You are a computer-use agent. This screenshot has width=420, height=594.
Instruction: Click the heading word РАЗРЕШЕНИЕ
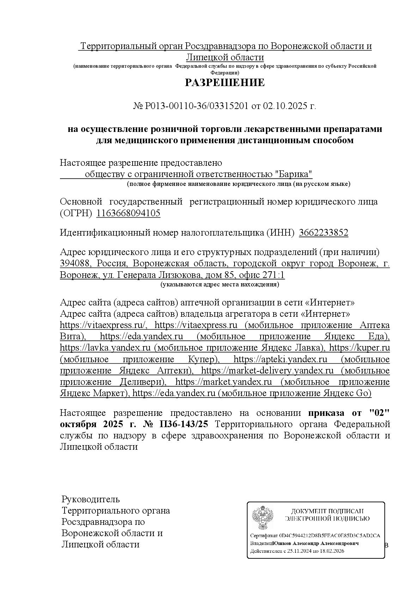(x=225, y=83)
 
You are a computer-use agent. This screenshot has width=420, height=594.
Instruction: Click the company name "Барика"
(x=294, y=174)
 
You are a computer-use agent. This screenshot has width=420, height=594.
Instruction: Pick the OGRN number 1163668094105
(x=128, y=213)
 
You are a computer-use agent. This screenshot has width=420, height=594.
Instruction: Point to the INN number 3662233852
(x=323, y=233)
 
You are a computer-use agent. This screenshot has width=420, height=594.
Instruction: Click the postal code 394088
(x=75, y=264)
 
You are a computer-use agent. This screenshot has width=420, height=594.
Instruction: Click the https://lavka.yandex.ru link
(x=106, y=348)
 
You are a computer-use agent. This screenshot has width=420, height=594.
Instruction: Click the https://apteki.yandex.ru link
(x=280, y=359)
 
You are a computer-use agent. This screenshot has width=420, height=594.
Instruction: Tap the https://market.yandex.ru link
(x=223, y=382)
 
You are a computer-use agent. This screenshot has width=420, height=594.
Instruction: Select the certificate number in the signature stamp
(x=329, y=536)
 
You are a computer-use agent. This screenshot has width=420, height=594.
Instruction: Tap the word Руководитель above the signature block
(x=91, y=499)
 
